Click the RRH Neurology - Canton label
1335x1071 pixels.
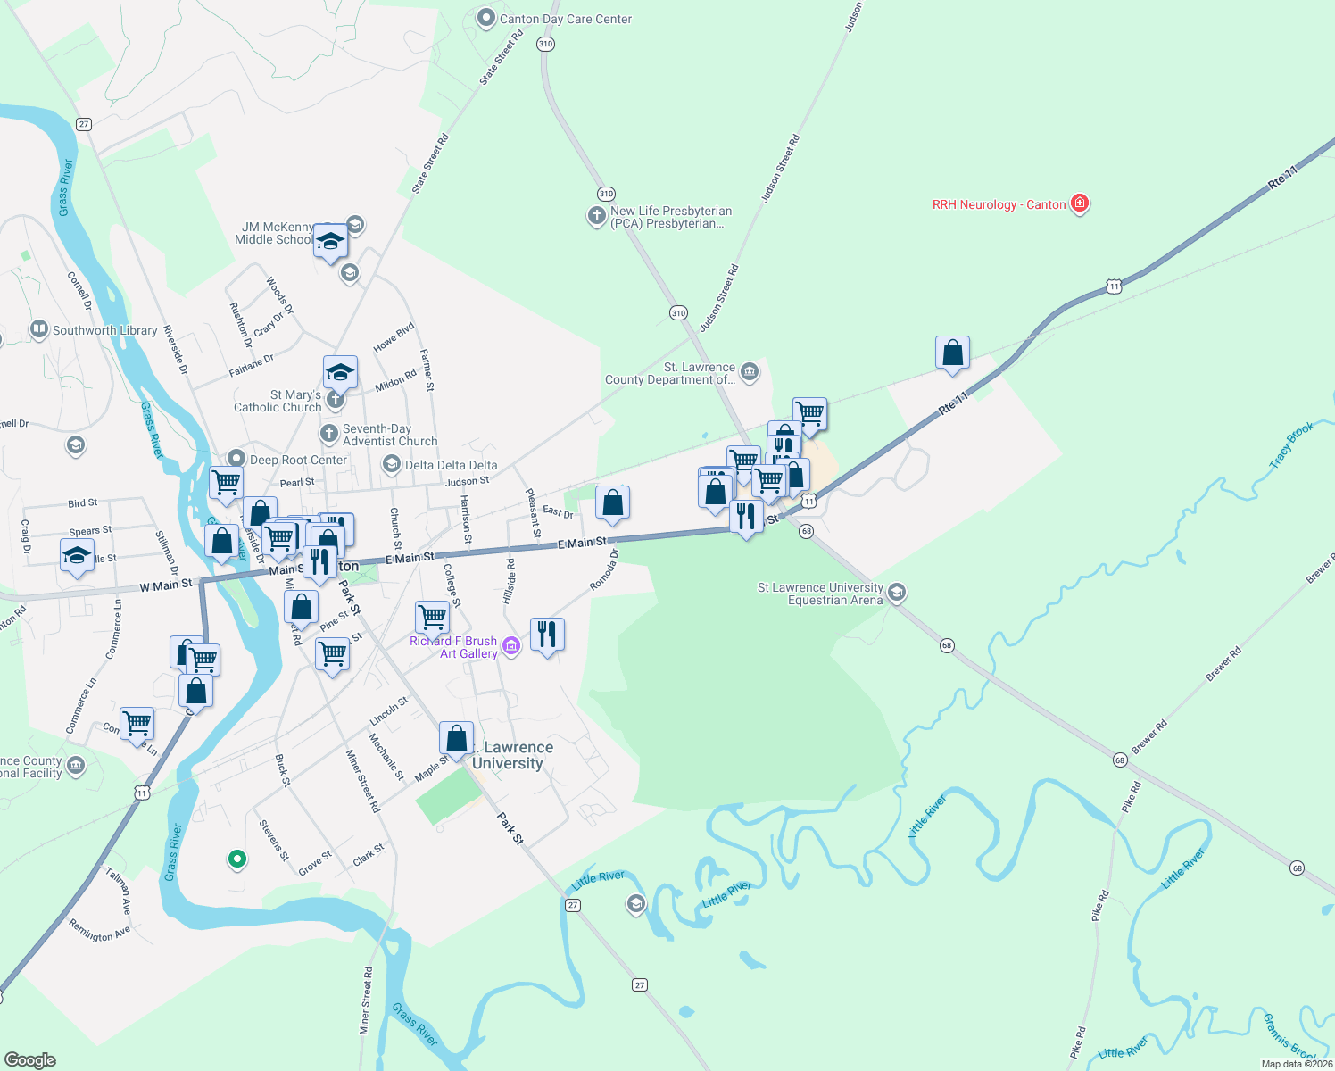coord(999,204)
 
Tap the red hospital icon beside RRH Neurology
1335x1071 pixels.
coord(1080,203)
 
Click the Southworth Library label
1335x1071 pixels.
coord(104,330)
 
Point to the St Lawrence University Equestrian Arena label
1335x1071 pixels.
coord(820,594)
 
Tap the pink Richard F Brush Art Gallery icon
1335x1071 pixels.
coord(511,645)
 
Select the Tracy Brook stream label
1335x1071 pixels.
coord(1291,444)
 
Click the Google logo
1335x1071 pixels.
coord(29,1060)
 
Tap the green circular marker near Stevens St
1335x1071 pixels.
coord(236,859)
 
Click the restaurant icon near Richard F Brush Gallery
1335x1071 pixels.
coord(547,634)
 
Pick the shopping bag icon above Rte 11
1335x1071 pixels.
coord(952,353)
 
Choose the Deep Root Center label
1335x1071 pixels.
coord(298,460)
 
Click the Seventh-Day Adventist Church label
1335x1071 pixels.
coord(390,435)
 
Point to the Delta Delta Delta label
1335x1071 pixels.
coord(451,465)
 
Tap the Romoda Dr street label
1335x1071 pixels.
coord(604,570)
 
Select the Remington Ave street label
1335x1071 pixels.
coord(100,932)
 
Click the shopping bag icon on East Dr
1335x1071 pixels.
coord(612,503)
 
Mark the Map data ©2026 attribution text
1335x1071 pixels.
coord(1297,1064)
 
